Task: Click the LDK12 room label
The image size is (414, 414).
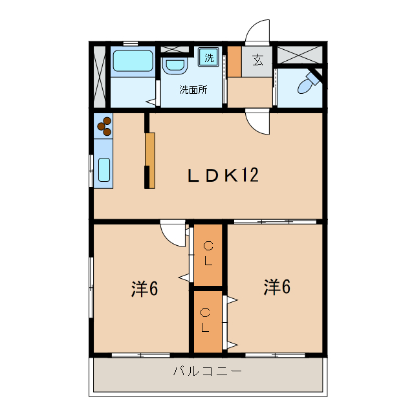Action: pos(223,175)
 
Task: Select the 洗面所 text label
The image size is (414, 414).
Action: pos(193,90)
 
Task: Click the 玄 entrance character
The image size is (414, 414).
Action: pos(257,61)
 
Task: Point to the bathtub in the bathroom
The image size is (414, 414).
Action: pos(133,61)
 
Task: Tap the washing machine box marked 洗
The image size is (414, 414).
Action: pos(209,58)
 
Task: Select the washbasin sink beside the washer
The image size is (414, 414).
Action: pos(174,65)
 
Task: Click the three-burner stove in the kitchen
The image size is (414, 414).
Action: pos(103,125)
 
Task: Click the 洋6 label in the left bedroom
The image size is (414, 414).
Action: pos(145,289)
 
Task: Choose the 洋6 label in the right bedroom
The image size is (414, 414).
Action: pos(276,287)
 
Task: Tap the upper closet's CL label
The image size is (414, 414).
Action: pos(208,253)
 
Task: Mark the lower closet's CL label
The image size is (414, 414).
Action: pos(205,320)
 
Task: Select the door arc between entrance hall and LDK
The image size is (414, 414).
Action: pos(257,122)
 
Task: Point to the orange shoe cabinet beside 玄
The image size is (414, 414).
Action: pos(234,61)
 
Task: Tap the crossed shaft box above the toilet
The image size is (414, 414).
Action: pos(300,54)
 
